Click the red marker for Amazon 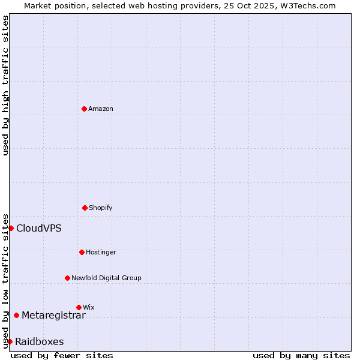pos(84,109)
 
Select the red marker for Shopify pos(85,208)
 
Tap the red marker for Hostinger pos(82,252)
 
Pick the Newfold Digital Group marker pos(67,278)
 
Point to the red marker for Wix pos(79,307)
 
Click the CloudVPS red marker pos(11,228)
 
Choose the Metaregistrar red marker pos(16,315)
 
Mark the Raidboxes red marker pos(10,341)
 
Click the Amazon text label pos(101,109)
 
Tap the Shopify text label pos(101,208)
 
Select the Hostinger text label pos(101,252)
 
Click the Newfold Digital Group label pos(106,278)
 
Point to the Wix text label pos(89,307)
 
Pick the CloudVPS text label pos(39,228)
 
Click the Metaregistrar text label pos(53,315)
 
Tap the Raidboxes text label pos(40,341)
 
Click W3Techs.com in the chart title pos(306,5)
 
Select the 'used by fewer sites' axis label pos(62,355)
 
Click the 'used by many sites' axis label pos(301,355)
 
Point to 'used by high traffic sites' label pos(5,85)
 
